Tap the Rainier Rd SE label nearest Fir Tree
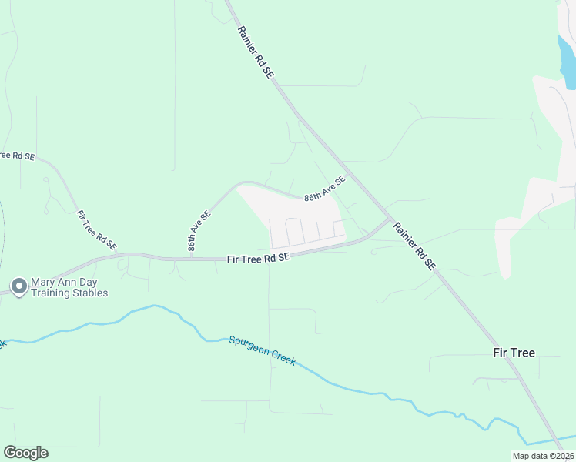(415, 246)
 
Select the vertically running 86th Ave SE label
(199, 233)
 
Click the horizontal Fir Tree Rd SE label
(259, 259)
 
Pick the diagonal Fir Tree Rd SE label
(97, 230)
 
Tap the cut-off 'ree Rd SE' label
(17, 156)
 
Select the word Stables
(89, 293)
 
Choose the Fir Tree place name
(514, 353)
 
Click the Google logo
(25, 453)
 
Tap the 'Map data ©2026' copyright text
(542, 456)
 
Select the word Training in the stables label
(49, 293)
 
